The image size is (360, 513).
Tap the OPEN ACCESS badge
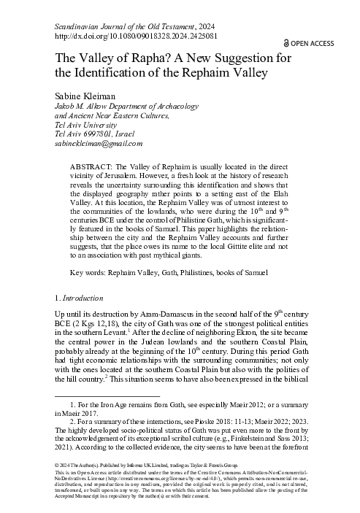tap(309, 44)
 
